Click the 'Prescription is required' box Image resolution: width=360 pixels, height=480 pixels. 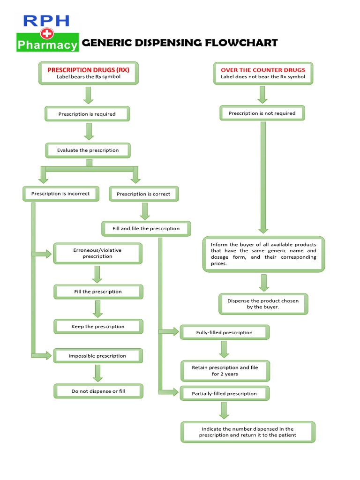point(87,114)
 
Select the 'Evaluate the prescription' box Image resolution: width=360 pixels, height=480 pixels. point(88,150)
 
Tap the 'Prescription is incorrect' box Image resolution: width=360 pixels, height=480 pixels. point(60,194)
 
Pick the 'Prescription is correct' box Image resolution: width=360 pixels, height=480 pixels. point(143,194)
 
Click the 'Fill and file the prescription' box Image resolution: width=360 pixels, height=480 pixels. point(146,229)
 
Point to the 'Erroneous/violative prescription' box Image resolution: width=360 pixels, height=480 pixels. point(97,253)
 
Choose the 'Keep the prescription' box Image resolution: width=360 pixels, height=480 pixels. point(98,326)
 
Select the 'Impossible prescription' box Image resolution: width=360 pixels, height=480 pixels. point(97,356)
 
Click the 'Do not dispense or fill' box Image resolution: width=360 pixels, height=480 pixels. point(98,391)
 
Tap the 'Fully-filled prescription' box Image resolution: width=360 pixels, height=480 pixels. point(224,332)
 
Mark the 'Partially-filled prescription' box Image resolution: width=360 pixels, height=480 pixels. point(224,393)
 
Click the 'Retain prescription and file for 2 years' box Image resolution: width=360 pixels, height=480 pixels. point(225,371)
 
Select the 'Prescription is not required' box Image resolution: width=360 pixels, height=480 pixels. point(262,113)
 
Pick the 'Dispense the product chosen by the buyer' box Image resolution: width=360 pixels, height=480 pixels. point(263,304)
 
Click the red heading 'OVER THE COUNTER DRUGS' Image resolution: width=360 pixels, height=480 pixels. point(263,70)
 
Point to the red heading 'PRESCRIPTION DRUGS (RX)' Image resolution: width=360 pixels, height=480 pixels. point(88,70)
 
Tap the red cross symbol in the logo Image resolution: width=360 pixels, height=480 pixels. point(47,33)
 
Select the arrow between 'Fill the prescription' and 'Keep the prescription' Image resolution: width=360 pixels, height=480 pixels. point(97,309)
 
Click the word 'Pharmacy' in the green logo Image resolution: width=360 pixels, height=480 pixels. point(47,45)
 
